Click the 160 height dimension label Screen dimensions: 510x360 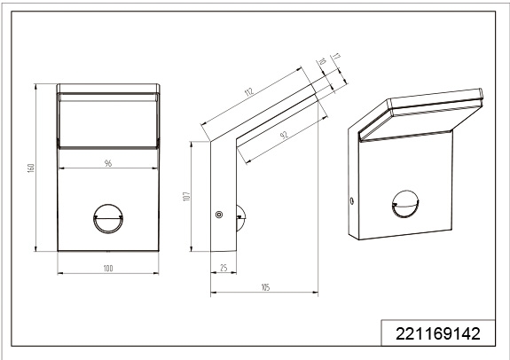point(31,168)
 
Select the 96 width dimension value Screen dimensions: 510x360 point(108,163)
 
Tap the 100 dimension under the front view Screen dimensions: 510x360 point(108,269)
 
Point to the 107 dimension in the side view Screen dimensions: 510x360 point(186,196)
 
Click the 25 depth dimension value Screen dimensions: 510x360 point(224,268)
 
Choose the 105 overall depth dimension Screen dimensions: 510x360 point(265,287)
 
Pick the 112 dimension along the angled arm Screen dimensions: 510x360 point(248,91)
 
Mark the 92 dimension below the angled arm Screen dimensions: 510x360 point(285,135)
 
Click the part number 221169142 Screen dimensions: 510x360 point(438,333)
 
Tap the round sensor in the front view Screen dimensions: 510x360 point(108,218)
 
